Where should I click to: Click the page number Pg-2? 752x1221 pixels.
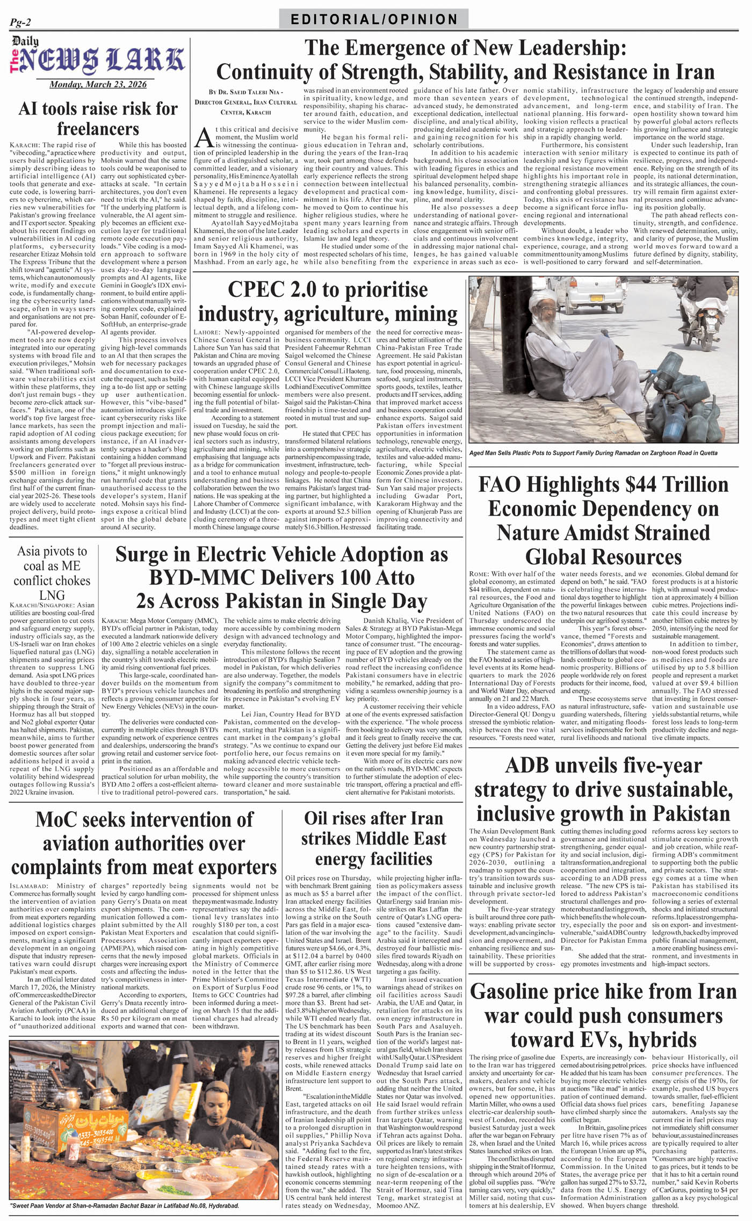[20, 22]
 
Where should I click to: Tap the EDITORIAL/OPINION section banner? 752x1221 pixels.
[374, 20]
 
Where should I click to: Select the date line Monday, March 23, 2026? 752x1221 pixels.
[98, 84]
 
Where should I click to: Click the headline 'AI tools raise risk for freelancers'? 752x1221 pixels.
[98, 118]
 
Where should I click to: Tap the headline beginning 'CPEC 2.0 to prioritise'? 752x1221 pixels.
[328, 301]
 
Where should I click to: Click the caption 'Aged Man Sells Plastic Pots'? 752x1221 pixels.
[593, 453]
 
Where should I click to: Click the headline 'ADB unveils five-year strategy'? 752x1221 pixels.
[603, 789]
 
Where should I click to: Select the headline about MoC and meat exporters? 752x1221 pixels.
[144, 844]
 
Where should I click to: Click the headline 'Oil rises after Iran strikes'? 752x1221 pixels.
[373, 838]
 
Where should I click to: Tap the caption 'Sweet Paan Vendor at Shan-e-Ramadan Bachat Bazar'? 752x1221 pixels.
[125, 1205]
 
